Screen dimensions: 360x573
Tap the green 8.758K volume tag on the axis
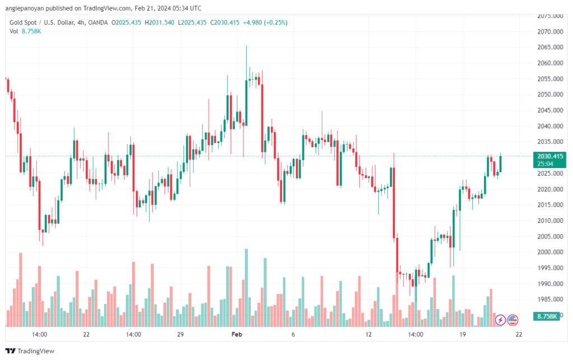click(x=547, y=317)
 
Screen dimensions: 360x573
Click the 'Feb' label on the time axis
click(x=237, y=334)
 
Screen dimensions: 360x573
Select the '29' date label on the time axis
click(x=180, y=334)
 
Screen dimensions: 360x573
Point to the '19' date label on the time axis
click(x=462, y=334)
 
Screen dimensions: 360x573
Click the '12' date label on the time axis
click(x=368, y=334)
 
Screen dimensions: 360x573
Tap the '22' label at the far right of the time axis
click(x=519, y=334)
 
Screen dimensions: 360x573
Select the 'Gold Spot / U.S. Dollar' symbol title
click(x=43, y=22)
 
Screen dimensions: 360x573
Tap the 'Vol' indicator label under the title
click(x=14, y=31)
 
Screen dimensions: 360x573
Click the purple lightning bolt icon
click(x=500, y=320)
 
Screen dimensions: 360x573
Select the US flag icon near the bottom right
click(x=512, y=320)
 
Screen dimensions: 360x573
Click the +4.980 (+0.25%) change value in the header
click(x=261, y=22)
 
